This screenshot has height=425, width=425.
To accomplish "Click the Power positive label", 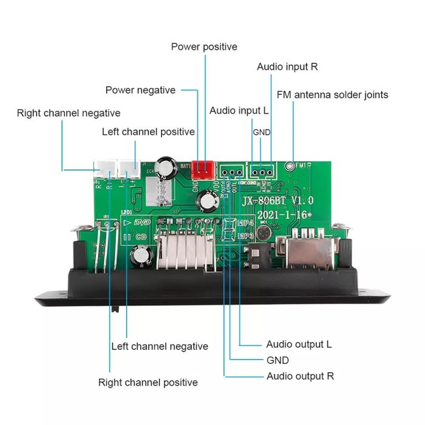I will point(204,47).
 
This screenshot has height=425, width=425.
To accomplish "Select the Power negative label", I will point(140,90).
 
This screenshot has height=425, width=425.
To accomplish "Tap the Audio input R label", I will point(287,67).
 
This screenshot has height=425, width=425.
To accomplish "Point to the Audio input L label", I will point(239,110).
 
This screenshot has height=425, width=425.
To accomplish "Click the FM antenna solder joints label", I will point(332,95).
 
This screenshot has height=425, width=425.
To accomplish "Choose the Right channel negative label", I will point(69,113).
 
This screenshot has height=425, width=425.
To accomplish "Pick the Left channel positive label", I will point(148,132).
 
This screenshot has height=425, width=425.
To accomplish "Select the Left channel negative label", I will point(160,346).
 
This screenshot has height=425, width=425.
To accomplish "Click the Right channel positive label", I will point(148,382).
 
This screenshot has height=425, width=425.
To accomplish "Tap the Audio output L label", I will point(299,344).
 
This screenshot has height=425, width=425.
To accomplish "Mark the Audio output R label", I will point(300,376).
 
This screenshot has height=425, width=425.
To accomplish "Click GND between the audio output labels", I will point(277,360).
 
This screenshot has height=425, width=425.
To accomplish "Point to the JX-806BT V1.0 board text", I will point(277,200).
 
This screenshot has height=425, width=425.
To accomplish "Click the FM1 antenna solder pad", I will point(294,165).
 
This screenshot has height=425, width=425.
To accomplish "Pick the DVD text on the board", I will point(141,223).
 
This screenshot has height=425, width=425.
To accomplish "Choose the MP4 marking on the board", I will point(245,224).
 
